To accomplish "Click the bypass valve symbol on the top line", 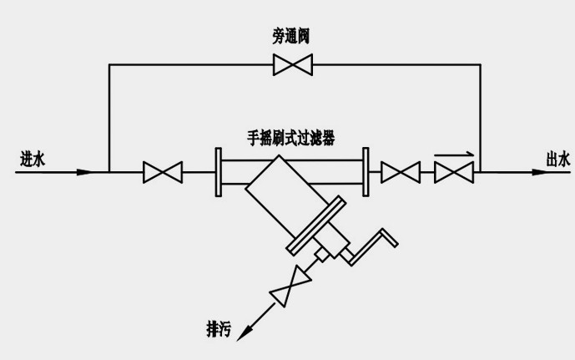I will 293,64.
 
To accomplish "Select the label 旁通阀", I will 291,36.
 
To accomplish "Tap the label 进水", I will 33,159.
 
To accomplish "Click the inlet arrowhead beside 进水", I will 84,173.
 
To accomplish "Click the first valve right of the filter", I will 400,173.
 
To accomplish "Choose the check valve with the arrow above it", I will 454,173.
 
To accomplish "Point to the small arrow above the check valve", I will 455,154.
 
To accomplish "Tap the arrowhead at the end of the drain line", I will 244,334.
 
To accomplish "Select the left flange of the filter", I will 218,173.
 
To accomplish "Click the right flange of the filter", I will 365,173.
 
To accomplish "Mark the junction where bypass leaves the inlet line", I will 109,173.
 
